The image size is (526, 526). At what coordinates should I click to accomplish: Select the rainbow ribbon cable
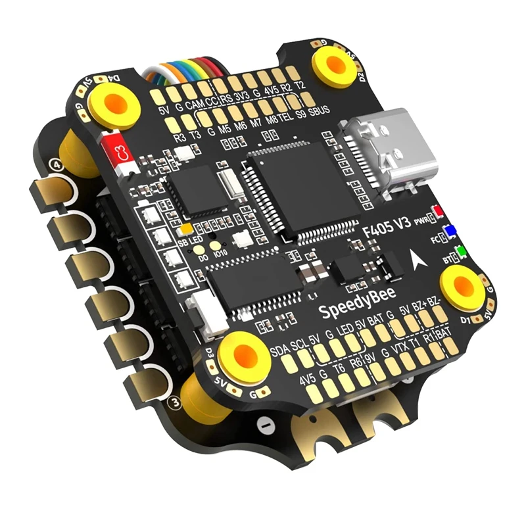180,73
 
